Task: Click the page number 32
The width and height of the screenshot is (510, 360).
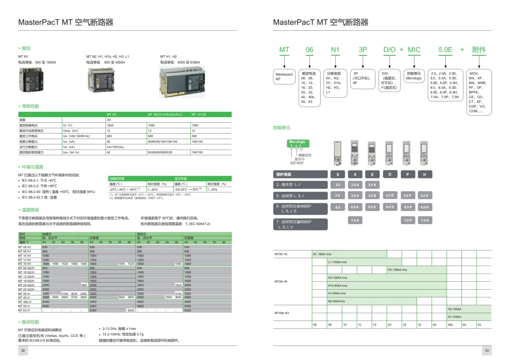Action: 23,351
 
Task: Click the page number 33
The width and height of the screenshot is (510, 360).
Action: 487,351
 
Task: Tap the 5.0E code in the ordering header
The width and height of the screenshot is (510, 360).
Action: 445,50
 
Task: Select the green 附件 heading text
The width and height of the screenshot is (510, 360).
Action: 479,50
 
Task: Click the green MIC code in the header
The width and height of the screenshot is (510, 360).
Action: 414,50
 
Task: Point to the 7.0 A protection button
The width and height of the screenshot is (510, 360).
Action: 355,220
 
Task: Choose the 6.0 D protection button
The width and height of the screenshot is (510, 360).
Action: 390,207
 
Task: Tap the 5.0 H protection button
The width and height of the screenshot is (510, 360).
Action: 424,195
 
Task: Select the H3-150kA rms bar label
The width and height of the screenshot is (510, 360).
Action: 397,270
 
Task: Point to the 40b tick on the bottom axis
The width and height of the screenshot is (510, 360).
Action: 450,325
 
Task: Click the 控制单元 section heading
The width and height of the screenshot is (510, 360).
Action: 282,128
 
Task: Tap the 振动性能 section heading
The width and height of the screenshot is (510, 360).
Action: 30,322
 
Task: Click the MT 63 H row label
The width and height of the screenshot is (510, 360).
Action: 25,310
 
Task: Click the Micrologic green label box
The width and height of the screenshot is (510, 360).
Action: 297,142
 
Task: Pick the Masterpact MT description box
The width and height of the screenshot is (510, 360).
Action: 284,76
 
